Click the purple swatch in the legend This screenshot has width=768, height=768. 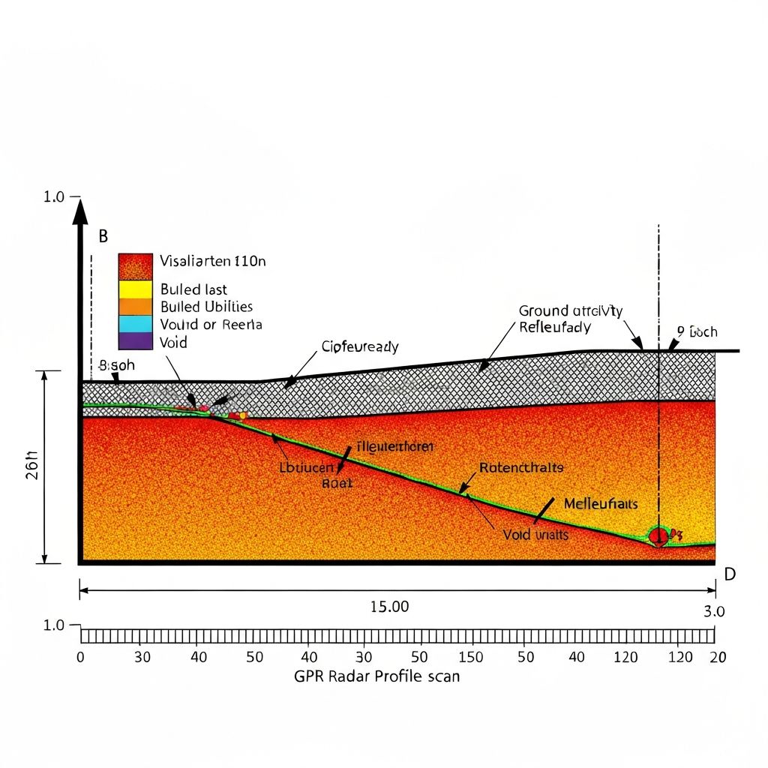click(135, 342)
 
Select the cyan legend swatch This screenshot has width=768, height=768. click(135, 324)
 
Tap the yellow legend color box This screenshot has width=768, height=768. click(135, 289)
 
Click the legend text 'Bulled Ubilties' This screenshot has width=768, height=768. click(206, 307)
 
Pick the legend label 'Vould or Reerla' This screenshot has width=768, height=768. click(211, 325)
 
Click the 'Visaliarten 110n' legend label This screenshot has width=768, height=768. click(213, 262)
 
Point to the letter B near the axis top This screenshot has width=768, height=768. click(103, 236)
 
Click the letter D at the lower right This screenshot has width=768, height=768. click(729, 574)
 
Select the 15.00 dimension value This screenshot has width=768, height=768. click(390, 607)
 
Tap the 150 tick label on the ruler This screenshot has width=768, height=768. click(470, 657)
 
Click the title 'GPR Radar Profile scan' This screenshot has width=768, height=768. click(376, 676)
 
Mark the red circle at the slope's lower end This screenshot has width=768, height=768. click(658, 535)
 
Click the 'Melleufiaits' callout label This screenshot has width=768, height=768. click(601, 503)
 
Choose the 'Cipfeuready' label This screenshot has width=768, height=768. click(360, 347)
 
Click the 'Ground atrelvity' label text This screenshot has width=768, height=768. click(571, 310)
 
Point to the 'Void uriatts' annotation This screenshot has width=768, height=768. click(535, 535)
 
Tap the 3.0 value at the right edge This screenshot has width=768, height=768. click(715, 611)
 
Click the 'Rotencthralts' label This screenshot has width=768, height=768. click(521, 467)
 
